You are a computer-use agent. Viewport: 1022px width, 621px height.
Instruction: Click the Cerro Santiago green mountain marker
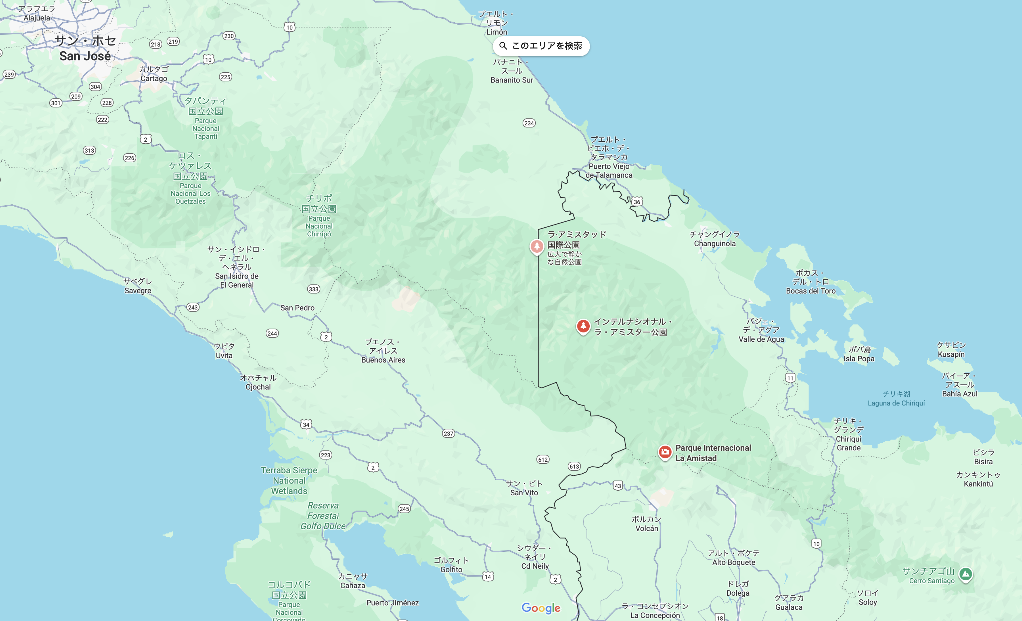965,574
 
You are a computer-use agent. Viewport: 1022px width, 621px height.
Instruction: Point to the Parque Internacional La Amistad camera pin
665,452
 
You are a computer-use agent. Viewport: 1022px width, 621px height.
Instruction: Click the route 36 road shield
637,202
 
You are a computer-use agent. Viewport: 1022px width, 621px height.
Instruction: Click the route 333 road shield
314,289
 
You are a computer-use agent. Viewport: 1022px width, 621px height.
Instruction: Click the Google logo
541,608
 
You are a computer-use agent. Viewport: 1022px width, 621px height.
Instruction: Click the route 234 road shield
529,123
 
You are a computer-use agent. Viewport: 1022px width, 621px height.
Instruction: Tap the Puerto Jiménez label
392,603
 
